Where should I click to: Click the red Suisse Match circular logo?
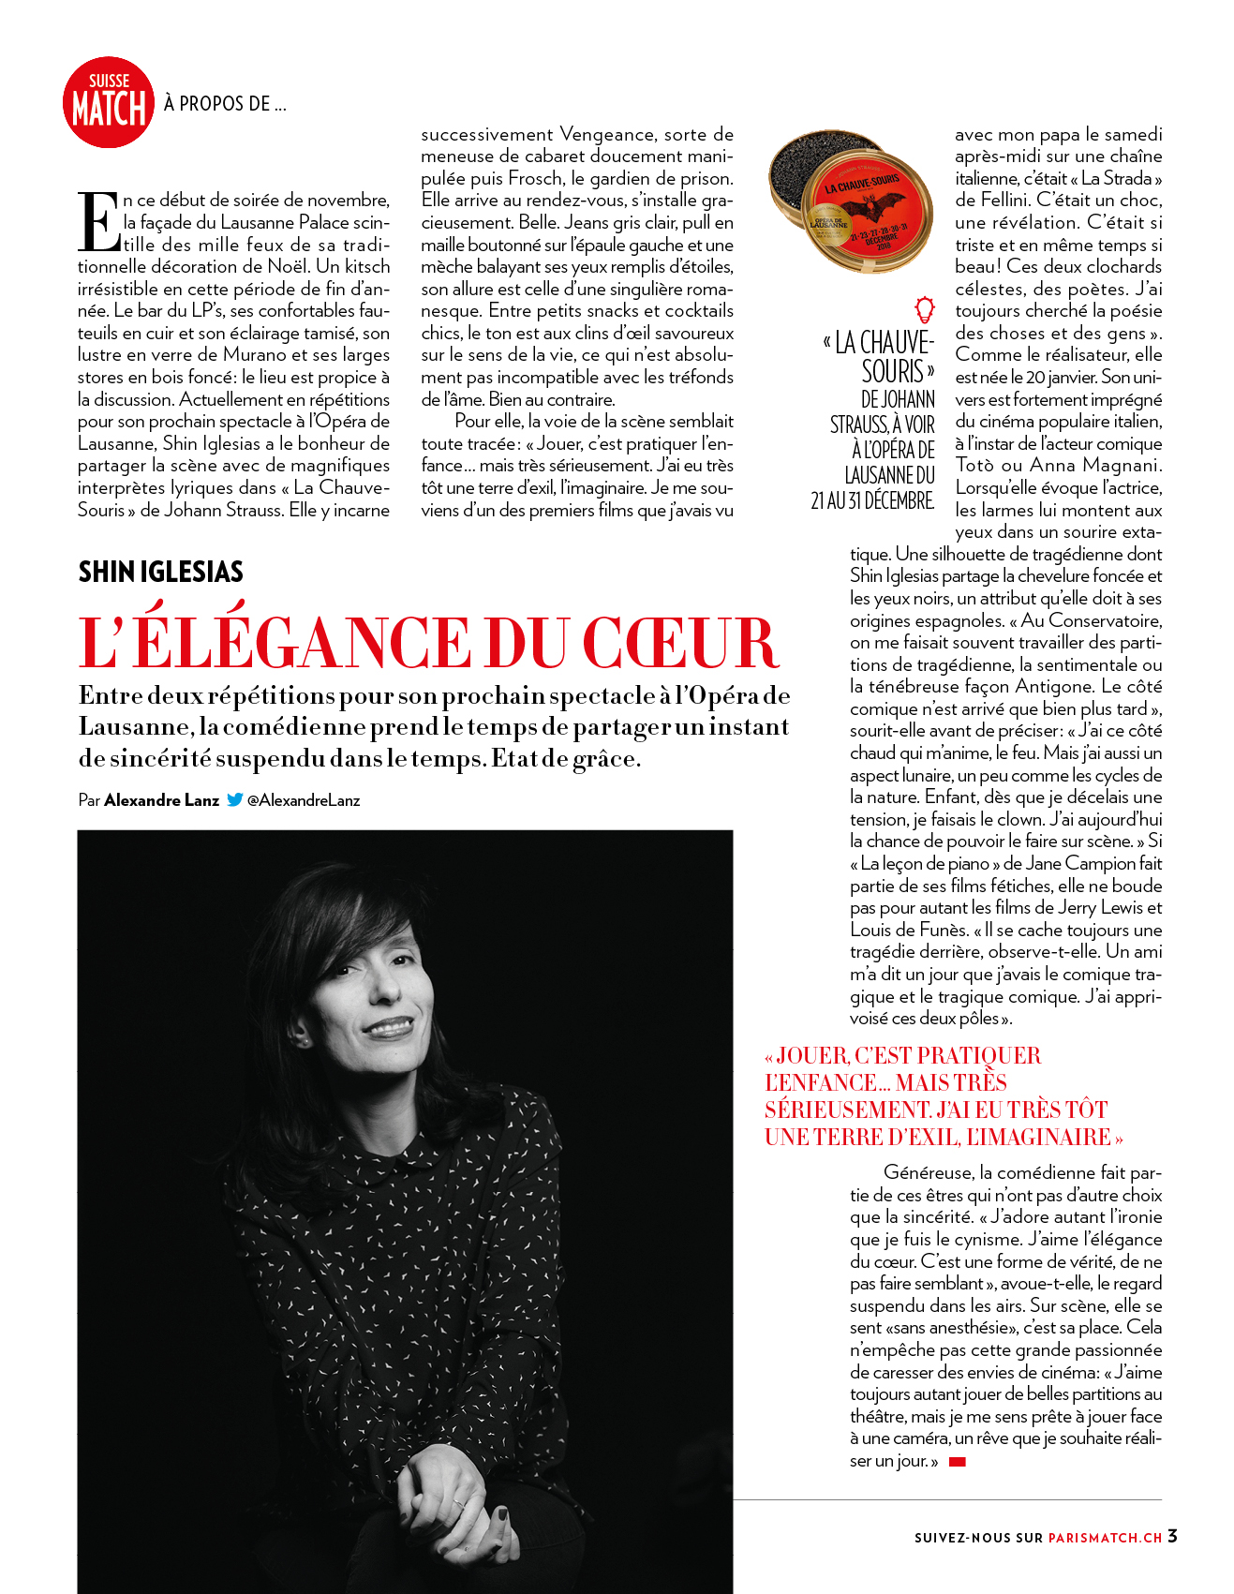tap(108, 103)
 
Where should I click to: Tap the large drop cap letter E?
tap(98, 222)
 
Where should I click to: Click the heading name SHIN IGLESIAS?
tap(160, 572)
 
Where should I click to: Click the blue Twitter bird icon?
tap(234, 800)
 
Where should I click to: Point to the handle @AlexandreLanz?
tap(304, 800)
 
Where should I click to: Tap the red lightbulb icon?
tap(925, 308)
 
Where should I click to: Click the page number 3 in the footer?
tap(1172, 1536)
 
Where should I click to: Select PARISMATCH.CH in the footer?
tap(1105, 1538)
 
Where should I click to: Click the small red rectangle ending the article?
tap(957, 1462)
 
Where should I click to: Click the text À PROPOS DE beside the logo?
tap(225, 104)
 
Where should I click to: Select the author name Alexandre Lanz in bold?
tap(161, 800)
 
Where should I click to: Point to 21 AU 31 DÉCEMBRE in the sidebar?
tap(872, 501)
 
